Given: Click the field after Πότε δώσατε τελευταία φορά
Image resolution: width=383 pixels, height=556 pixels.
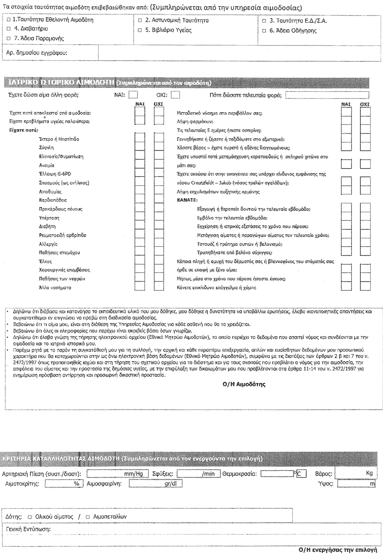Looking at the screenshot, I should pos(333,94).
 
